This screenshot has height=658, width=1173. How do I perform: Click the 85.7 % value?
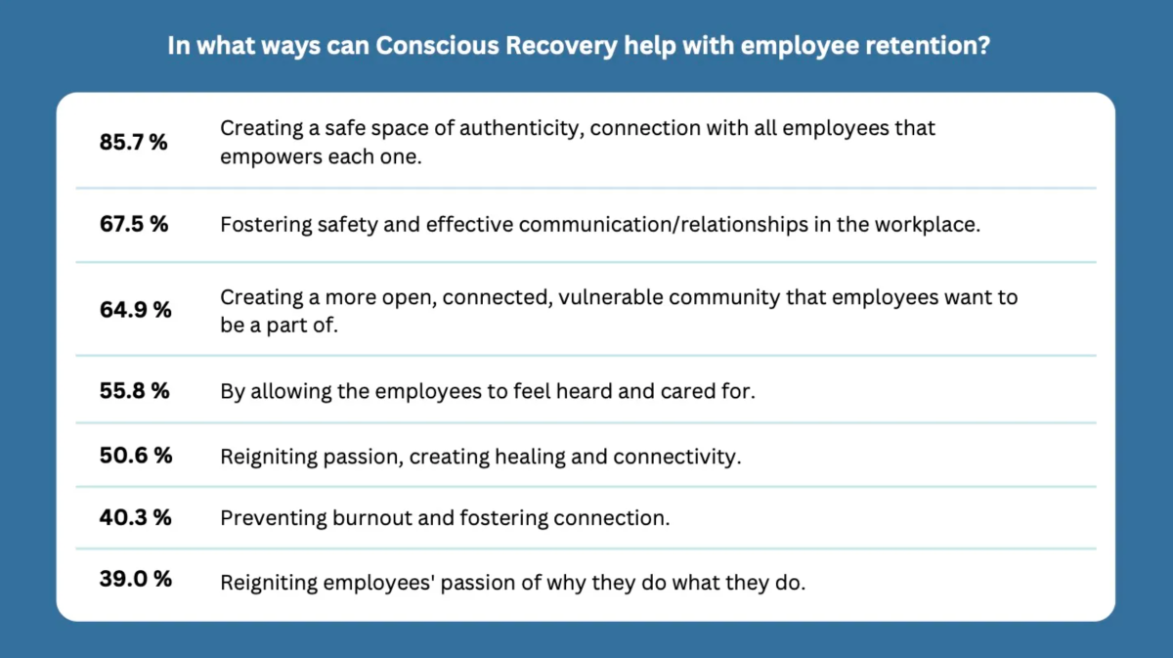click(134, 142)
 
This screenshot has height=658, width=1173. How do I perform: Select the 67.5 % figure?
click(134, 224)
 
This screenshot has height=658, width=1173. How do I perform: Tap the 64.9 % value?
click(135, 310)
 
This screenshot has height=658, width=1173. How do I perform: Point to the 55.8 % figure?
click(135, 391)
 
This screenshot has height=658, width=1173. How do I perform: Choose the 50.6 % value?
click(136, 456)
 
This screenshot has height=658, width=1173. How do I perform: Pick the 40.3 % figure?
click(135, 518)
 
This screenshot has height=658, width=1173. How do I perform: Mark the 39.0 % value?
click(135, 579)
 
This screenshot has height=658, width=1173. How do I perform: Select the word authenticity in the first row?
click(504, 128)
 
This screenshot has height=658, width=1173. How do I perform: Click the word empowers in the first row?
click(265, 156)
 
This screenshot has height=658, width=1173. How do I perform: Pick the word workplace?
click(928, 225)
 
